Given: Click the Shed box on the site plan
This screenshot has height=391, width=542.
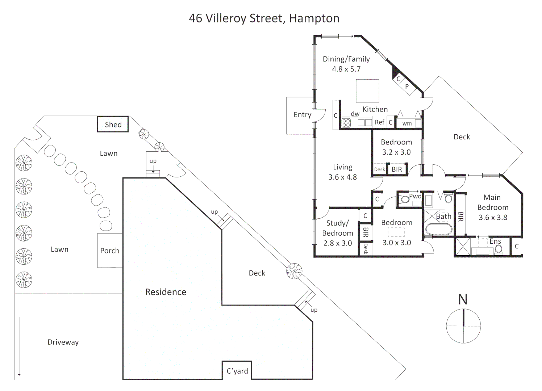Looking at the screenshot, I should [113, 124].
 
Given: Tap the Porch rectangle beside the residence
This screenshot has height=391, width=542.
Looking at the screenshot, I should [109, 251].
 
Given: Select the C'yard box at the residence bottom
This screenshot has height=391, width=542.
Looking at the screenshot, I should [237, 370].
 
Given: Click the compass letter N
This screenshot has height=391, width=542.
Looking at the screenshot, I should [463, 299].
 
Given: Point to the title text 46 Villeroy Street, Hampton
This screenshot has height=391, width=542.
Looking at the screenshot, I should [264, 18].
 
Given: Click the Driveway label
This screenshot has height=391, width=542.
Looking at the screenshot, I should [63, 342].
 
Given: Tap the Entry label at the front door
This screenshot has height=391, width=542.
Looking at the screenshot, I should [302, 115].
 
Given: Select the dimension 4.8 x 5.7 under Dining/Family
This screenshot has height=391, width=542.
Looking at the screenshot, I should [346, 69].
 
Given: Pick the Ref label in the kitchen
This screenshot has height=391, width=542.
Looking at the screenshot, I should [379, 122].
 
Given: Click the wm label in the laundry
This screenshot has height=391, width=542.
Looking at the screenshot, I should [407, 123].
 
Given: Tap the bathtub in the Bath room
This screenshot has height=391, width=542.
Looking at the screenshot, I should [439, 229].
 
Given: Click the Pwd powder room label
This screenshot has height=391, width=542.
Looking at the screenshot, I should [415, 196].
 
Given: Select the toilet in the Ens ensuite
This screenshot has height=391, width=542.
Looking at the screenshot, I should [499, 249].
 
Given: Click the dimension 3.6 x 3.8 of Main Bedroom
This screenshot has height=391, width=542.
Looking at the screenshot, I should [493, 218].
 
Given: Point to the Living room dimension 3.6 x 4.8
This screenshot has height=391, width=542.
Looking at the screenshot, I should [342, 177].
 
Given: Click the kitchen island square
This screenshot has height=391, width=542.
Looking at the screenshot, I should [367, 91].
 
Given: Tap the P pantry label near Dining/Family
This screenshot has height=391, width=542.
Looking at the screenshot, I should [407, 87].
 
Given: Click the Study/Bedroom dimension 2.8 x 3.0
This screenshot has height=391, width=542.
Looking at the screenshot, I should [337, 243].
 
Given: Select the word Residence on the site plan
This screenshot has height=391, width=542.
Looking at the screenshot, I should [166, 292].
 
